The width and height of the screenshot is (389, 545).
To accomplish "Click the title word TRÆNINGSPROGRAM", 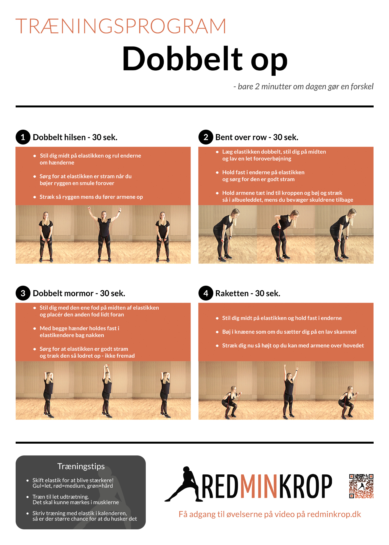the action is (121, 26).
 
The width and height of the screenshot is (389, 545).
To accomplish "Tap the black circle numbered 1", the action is (23, 137).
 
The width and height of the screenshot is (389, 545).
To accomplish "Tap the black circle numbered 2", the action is (206, 137).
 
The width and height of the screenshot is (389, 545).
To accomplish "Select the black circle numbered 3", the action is (23, 293).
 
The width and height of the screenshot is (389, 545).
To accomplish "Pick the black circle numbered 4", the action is (206, 293).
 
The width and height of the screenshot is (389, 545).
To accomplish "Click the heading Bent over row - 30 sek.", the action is (257, 137).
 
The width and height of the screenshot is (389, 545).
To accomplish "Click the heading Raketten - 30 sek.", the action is (248, 293).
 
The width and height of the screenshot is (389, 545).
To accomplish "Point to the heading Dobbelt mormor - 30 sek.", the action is (79, 293).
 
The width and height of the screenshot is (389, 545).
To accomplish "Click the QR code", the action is (361, 486).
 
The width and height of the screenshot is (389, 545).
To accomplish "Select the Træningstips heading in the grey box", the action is (81, 466).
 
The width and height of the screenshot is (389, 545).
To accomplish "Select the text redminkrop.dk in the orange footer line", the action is (334, 514).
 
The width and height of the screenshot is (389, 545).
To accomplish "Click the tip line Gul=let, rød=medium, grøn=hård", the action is (73, 486).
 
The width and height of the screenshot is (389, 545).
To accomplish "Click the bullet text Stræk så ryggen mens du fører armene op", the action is (91, 197).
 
